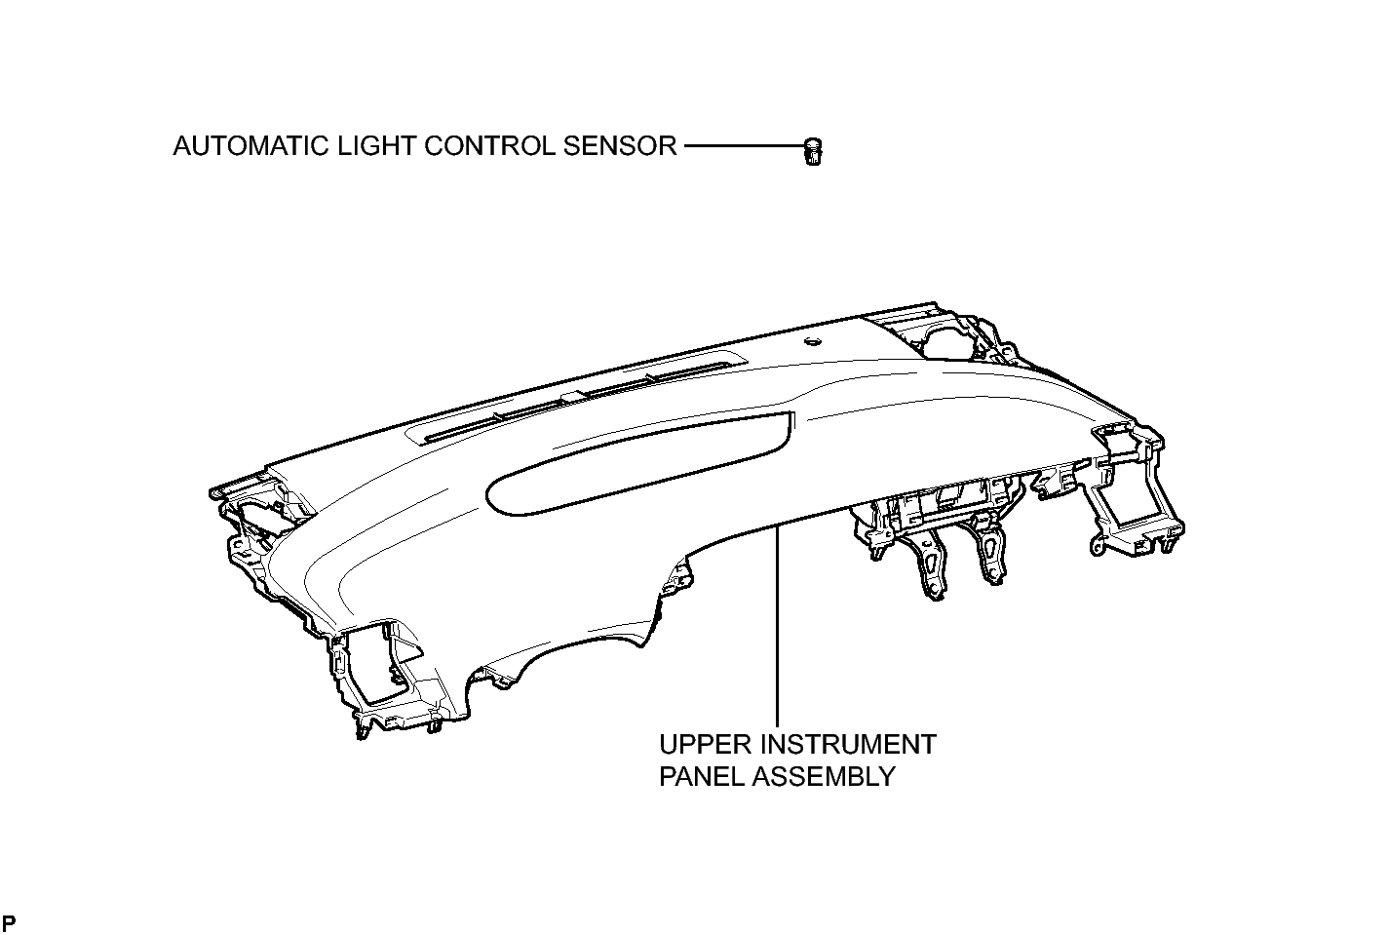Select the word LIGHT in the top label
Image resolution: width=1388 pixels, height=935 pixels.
(x=376, y=146)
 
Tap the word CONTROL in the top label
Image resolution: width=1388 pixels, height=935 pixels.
(x=489, y=146)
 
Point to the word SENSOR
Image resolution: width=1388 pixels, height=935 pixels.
(x=620, y=146)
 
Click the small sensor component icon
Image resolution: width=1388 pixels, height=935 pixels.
(x=812, y=151)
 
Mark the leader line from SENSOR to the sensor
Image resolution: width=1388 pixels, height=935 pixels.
(x=744, y=146)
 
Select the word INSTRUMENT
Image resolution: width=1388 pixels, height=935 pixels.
(x=848, y=744)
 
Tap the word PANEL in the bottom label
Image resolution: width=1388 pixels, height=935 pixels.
(x=701, y=776)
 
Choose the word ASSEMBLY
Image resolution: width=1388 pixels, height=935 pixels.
(x=825, y=776)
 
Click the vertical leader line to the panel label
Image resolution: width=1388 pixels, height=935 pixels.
(x=777, y=625)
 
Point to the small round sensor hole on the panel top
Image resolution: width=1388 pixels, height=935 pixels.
(x=812, y=341)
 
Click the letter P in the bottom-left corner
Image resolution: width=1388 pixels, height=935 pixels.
(x=9, y=923)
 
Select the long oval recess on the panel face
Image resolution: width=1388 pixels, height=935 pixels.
(x=638, y=463)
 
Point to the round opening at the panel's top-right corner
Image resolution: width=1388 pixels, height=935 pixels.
(x=945, y=341)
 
